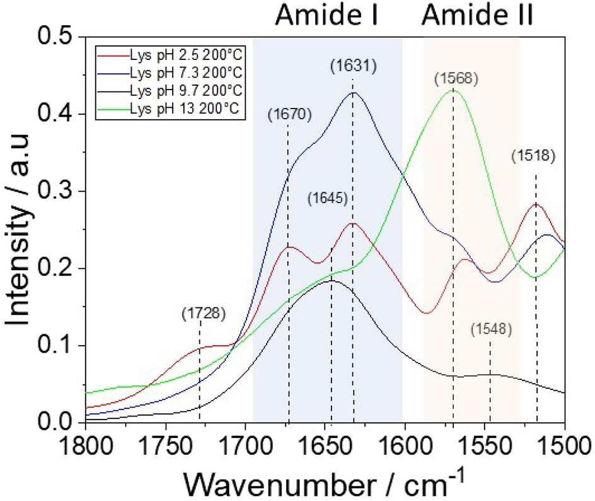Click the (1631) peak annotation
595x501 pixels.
(x=352, y=66)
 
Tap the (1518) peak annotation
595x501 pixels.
(x=533, y=156)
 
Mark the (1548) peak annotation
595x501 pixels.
(x=491, y=329)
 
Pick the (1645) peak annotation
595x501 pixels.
(x=328, y=199)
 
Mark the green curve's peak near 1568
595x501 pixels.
(x=453, y=90)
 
